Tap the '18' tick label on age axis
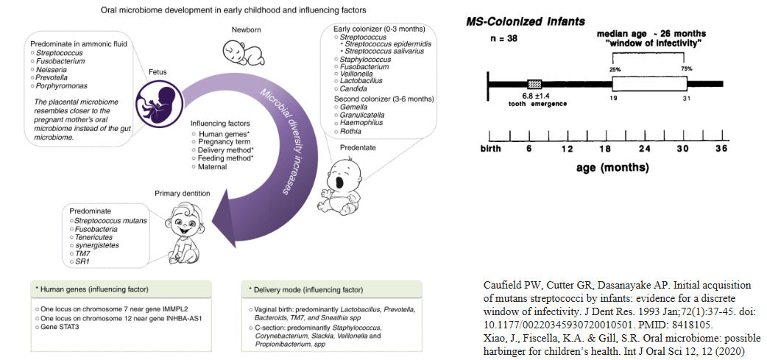[606, 149]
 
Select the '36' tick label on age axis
[721, 149]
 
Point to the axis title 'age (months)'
[612, 167]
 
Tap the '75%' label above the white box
[686, 68]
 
